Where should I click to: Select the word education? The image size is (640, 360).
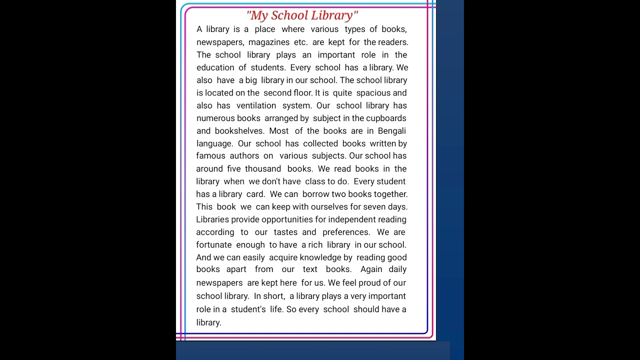click(x=215, y=67)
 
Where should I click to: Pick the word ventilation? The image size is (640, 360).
click(x=256, y=105)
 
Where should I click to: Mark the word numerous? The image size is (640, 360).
click(x=215, y=118)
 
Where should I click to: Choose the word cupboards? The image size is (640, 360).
click(x=386, y=118)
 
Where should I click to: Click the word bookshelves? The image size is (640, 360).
click(x=239, y=131)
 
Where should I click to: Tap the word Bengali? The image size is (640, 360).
click(x=392, y=131)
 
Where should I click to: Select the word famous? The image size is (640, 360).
click(x=210, y=156)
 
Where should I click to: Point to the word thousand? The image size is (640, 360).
click(x=263, y=169)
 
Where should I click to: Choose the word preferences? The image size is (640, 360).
click(x=346, y=232)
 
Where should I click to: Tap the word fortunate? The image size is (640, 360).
click(x=214, y=245)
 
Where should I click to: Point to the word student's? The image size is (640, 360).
click(x=248, y=309)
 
